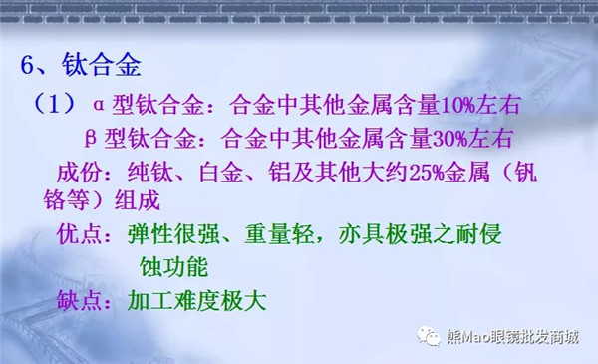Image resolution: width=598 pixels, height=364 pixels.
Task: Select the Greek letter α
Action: point(99,104)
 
